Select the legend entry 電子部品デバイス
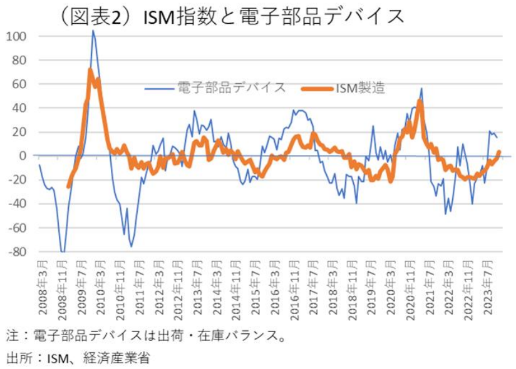pyautogui.click(x=232, y=88)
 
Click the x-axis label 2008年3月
pyautogui.click(x=40, y=288)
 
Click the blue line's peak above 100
pyautogui.click(x=93, y=31)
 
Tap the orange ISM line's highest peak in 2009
pyautogui.click(x=90, y=69)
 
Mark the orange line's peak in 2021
pyautogui.click(x=420, y=101)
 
